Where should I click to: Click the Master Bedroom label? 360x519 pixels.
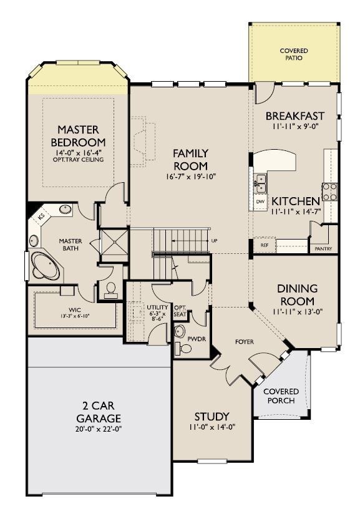pos(79,136)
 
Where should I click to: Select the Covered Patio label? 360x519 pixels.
pos(293,54)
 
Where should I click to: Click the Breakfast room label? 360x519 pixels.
pos(295,116)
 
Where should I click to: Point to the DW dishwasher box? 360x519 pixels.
pos(260,201)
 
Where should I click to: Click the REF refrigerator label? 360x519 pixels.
pos(265,246)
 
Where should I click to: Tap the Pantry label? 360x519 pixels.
pos(324,248)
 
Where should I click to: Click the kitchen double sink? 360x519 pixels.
pos(260,183)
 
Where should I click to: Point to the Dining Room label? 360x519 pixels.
pos(297,294)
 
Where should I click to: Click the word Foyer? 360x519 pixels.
pos(243,342)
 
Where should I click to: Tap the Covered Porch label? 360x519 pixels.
pos(281,395)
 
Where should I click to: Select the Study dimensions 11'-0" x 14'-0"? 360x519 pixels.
pos(212,428)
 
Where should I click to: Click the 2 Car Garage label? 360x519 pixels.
pos(99,412)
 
